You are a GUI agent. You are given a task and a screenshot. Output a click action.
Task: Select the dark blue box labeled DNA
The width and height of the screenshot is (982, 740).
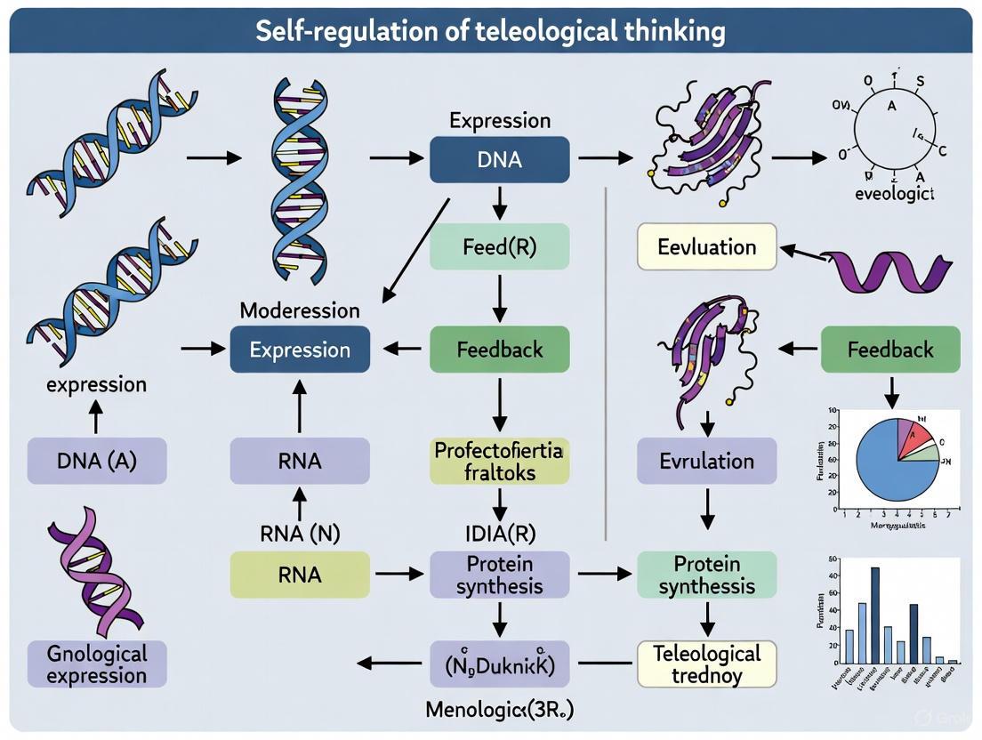499,160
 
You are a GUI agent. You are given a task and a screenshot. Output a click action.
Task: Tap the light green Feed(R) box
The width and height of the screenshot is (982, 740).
499,246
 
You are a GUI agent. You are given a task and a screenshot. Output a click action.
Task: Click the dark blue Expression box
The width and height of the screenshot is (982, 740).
300,350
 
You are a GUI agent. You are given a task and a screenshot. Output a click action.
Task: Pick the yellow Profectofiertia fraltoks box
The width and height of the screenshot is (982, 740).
499,461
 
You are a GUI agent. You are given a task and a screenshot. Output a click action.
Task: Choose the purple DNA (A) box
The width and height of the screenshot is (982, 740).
96,461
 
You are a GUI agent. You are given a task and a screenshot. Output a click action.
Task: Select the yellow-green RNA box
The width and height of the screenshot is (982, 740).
300,574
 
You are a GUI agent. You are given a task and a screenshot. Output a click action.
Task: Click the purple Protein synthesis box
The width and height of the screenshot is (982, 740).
499,575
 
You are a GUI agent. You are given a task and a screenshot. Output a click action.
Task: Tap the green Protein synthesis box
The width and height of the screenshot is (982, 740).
707,575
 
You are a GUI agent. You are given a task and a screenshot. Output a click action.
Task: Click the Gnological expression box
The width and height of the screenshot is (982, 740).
96,664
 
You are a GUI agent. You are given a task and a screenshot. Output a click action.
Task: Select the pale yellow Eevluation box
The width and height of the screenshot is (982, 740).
707,246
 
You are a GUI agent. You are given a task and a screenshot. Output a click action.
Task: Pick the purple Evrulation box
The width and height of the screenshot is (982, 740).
707,461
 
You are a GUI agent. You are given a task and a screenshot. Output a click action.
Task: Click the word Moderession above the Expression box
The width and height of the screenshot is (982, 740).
300,310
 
